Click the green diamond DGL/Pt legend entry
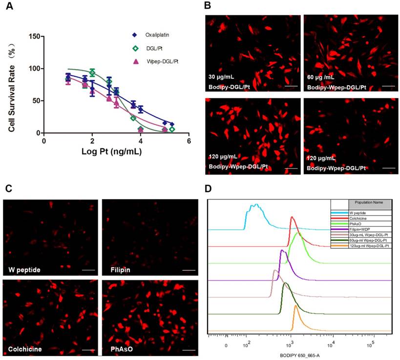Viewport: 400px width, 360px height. pyautogui.click(x=151, y=48)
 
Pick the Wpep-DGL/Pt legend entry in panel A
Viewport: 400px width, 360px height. pyautogui.click(x=159, y=61)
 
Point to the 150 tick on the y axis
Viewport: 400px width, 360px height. pyautogui.click(x=34, y=36)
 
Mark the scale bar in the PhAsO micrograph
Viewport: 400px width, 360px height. pyautogui.click(x=188, y=349)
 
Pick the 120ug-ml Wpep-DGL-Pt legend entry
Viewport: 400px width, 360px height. pyautogui.click(x=369, y=246)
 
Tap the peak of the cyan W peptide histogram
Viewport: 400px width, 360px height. pyautogui.click(x=254, y=205)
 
